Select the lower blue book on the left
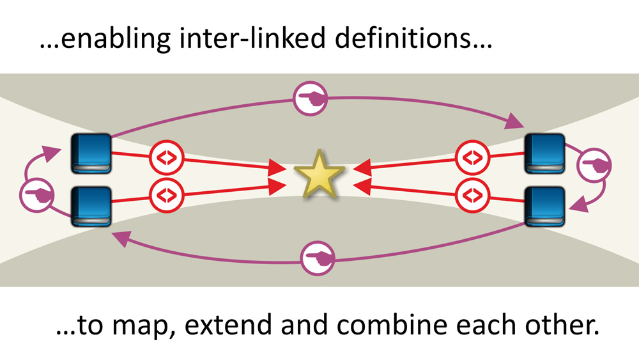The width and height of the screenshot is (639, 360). tap(91, 206)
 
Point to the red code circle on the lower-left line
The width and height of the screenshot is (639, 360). tap(166, 192)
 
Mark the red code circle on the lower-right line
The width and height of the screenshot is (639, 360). tap(472, 192)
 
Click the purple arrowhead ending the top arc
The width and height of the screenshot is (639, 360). tap(514, 120)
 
